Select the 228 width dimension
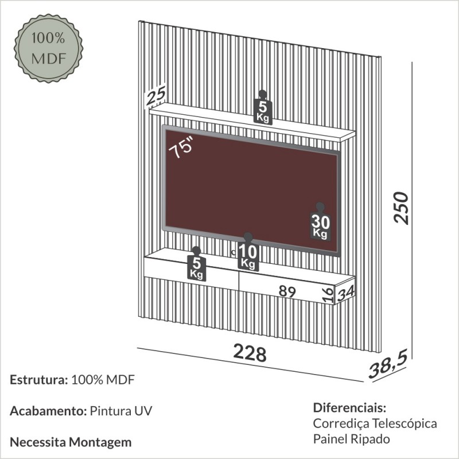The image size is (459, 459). [250, 352]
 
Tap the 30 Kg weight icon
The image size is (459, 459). [320, 224]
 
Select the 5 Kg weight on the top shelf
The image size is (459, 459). [263, 108]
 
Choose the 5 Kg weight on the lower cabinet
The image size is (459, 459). [196, 266]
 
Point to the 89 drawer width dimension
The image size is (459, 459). [286, 291]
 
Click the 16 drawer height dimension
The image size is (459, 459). [327, 295]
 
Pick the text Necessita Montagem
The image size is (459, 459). [71, 442]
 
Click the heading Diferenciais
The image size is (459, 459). [350, 409]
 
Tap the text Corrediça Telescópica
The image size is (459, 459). [375, 424]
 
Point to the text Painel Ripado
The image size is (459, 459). [351, 439]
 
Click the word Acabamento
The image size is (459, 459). [48, 411]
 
